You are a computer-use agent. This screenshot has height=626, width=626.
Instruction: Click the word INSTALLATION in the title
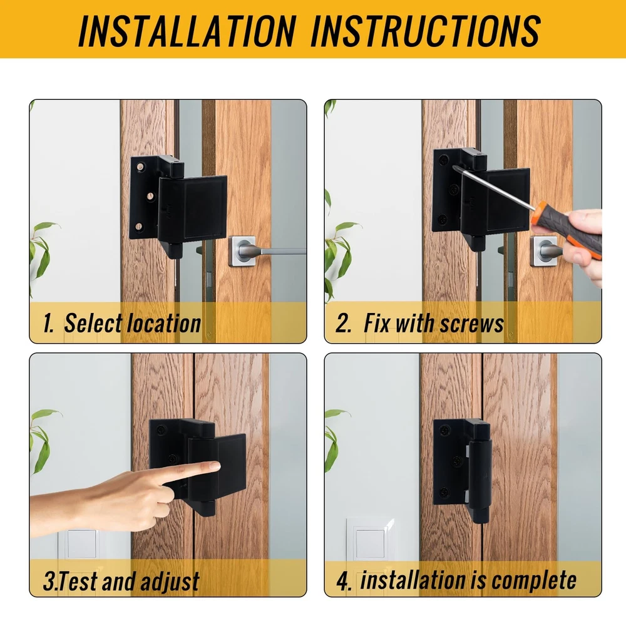(187, 31)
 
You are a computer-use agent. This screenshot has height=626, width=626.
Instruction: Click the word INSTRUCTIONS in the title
(426, 31)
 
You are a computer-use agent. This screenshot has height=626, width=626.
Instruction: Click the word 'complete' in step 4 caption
(534, 581)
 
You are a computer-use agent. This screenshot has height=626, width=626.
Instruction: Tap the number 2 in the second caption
(343, 324)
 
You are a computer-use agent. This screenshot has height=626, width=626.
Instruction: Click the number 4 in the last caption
(344, 582)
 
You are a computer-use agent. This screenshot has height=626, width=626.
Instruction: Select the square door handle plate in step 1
(242, 252)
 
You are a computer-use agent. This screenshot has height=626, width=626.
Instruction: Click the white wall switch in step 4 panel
(370, 543)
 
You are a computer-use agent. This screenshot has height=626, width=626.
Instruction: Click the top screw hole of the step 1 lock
(140, 167)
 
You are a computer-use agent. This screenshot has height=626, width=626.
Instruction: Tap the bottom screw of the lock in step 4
(444, 492)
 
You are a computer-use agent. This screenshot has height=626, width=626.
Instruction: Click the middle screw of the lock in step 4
(457, 462)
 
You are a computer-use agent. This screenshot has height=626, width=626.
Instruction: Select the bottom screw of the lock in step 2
(442, 218)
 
